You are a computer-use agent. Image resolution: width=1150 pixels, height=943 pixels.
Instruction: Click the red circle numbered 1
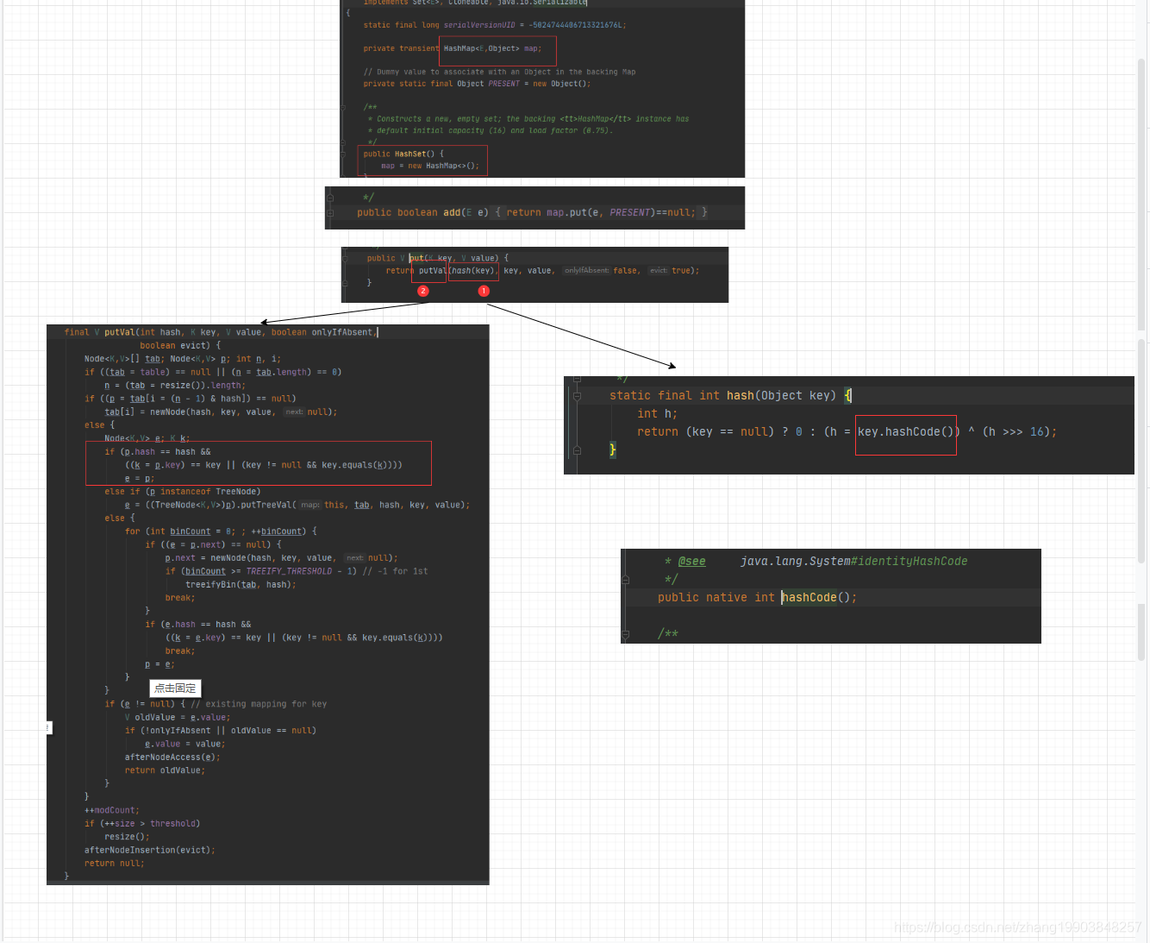tap(484, 292)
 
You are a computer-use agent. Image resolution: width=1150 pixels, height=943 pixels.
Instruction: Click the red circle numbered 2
tap(423, 292)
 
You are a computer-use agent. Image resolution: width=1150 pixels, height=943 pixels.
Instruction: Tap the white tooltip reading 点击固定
tap(175, 688)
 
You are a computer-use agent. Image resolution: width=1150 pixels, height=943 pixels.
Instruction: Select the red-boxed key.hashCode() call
tap(905, 432)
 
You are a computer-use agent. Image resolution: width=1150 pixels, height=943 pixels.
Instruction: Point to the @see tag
tap(691, 562)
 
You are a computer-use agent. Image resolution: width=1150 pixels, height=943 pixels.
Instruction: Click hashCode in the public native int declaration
tap(809, 598)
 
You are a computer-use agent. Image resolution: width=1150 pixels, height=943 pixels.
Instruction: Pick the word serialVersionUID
tap(479, 25)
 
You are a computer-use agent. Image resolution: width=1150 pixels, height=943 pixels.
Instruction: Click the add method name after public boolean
tap(452, 212)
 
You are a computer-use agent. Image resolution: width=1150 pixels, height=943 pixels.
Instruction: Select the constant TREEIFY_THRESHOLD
tap(289, 571)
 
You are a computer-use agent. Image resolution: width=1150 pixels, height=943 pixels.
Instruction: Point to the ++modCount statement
tap(110, 811)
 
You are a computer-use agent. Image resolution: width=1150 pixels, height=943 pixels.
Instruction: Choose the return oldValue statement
tap(164, 771)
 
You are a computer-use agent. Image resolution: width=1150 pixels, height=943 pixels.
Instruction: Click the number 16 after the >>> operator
tap(1037, 432)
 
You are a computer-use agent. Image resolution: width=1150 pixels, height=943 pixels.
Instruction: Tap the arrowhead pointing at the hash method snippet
tap(672, 367)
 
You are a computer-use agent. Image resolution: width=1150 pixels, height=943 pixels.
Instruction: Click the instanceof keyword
tap(185, 492)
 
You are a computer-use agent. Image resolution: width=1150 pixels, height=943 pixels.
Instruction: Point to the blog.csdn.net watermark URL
tap(1017, 927)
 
